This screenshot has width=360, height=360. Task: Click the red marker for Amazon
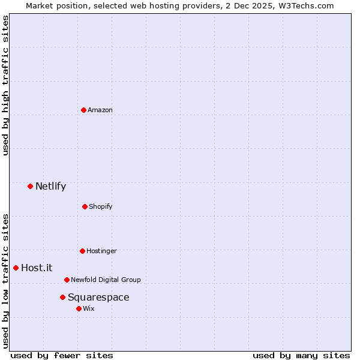point(84,110)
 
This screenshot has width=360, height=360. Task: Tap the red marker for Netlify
point(30,186)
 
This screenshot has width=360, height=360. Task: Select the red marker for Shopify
point(85,206)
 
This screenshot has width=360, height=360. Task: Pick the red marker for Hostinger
point(82,251)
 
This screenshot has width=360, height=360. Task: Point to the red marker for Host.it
point(16,268)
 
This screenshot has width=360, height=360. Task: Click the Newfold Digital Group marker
point(67,280)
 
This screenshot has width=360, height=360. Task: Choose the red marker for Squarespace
point(62,297)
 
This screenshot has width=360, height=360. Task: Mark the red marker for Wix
point(79,308)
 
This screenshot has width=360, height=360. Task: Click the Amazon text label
point(100,110)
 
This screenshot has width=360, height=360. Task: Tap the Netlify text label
point(50,186)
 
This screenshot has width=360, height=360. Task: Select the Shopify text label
point(101,206)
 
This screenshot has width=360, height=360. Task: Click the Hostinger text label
point(101,251)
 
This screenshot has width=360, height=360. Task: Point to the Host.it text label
point(37,268)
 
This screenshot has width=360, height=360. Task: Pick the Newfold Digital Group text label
point(106,280)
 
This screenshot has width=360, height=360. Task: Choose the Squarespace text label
point(98,297)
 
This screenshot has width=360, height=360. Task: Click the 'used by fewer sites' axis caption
point(62,355)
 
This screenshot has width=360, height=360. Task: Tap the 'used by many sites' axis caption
point(301,355)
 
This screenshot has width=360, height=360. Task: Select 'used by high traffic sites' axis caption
point(5,85)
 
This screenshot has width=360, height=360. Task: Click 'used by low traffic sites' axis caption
point(5,280)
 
